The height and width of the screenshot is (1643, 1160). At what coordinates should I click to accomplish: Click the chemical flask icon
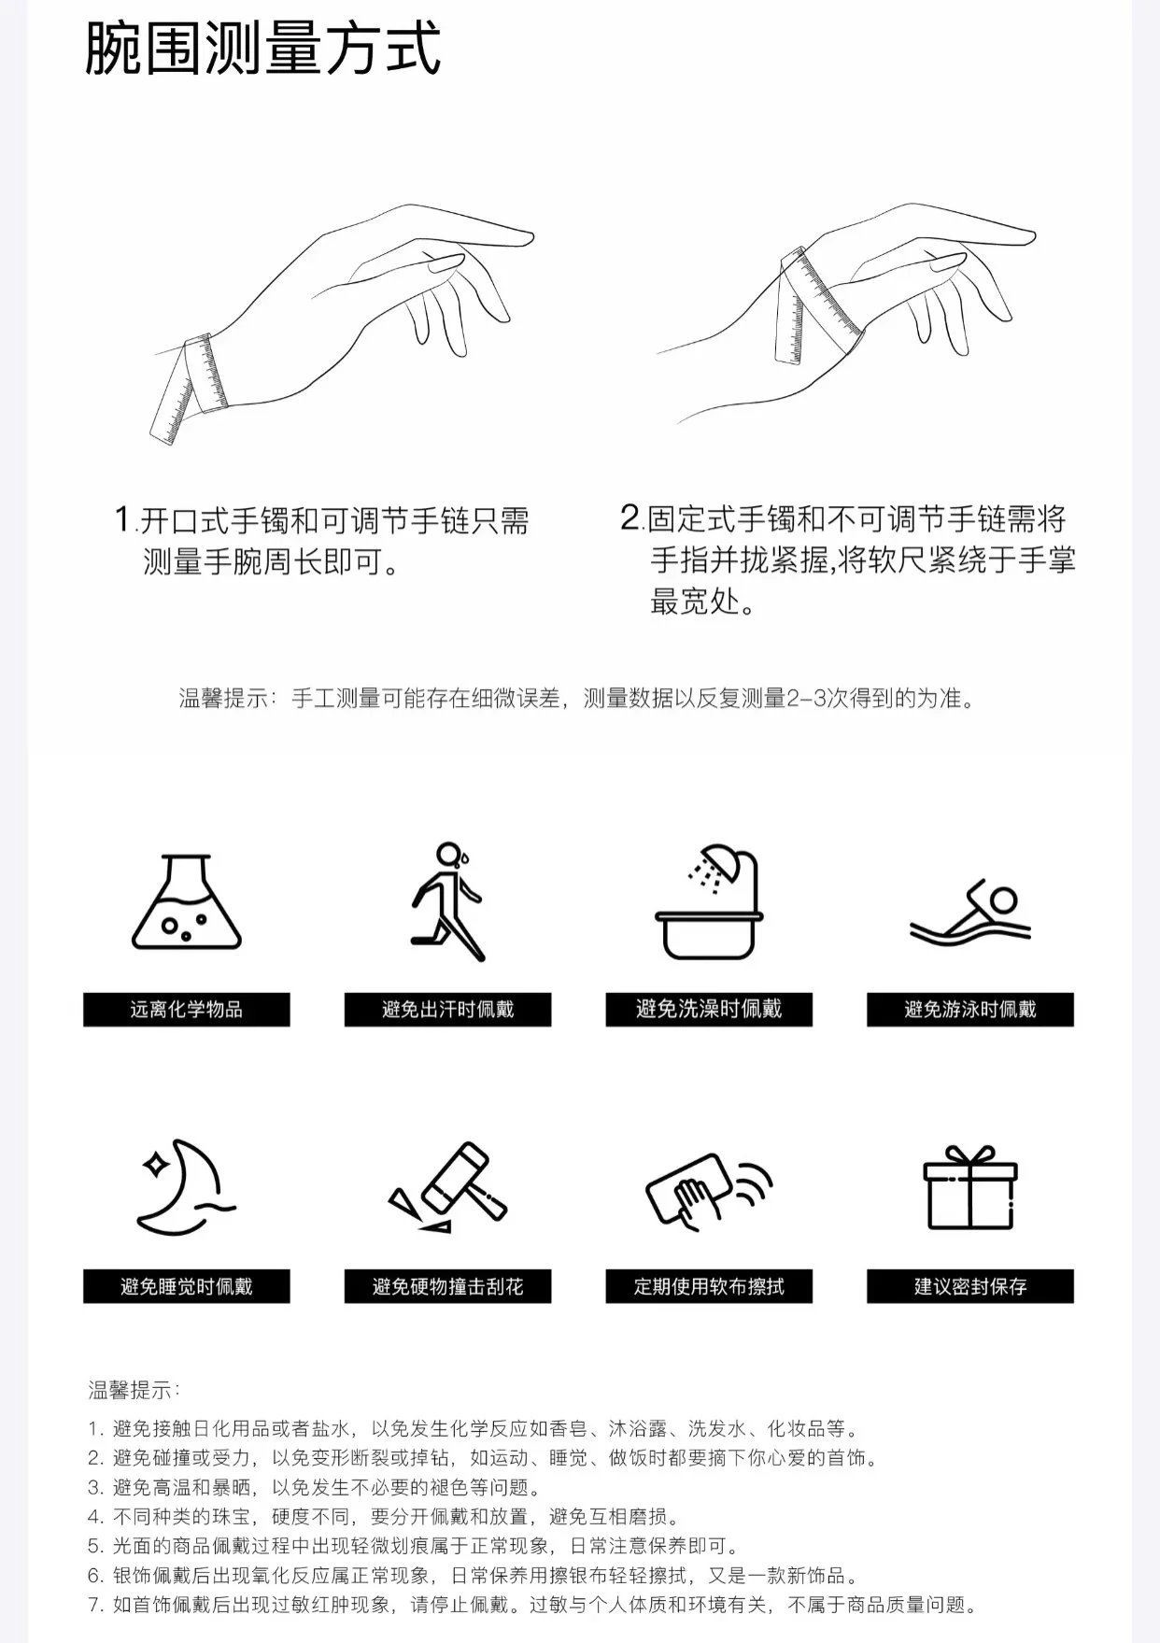coord(187,902)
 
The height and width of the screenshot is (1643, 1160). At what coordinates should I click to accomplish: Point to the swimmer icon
coord(970,912)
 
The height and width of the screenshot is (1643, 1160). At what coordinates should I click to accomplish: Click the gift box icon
coord(970,1188)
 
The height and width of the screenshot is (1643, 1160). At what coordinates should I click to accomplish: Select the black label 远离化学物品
coord(187,1010)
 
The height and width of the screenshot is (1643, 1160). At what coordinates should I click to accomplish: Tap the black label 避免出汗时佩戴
coord(448,1010)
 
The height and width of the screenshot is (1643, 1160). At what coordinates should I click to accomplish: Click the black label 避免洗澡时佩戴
coord(709,1010)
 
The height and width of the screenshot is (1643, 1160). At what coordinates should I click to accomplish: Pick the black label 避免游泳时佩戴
coord(970,1010)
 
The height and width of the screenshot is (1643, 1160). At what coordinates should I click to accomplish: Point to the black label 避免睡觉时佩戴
coord(187,1286)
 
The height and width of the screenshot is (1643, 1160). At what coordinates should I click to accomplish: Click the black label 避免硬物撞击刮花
coord(448,1286)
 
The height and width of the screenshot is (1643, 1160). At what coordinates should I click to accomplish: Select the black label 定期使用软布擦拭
coord(709,1286)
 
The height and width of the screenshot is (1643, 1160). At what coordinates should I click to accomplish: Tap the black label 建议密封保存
coord(970,1286)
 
